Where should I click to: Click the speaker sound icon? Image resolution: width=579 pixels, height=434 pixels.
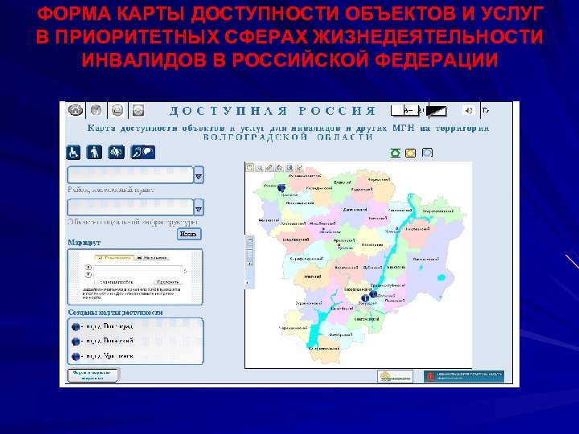(467, 110)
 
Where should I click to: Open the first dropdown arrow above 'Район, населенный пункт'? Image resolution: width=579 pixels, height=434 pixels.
(199, 174)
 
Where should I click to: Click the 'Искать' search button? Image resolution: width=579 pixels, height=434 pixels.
(187, 235)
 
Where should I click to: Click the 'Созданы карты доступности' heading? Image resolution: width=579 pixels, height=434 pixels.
(115, 312)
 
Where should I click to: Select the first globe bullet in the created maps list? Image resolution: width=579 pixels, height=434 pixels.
(76, 327)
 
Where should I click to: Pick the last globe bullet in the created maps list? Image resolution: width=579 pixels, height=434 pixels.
(76, 355)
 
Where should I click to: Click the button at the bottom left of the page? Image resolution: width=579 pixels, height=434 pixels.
(92, 375)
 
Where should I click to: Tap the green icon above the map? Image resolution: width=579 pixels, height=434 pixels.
(395, 153)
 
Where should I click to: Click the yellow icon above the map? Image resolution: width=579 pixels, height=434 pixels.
(411, 153)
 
